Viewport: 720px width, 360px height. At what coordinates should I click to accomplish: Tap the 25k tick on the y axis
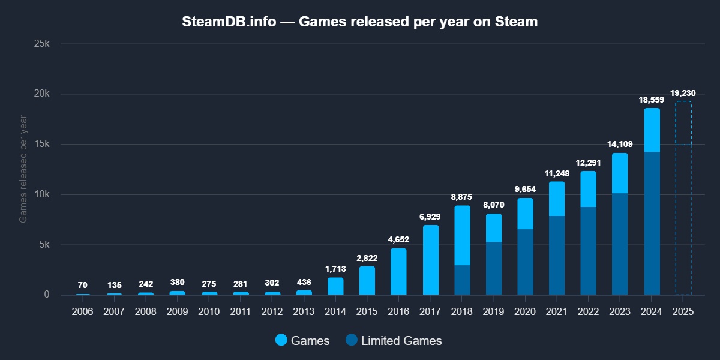45,44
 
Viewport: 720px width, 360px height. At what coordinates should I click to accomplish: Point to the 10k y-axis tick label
45,194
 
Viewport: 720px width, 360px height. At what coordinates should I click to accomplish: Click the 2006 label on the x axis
83,313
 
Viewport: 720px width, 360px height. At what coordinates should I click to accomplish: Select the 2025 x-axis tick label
683,313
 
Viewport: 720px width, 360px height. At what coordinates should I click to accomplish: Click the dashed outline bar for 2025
683,198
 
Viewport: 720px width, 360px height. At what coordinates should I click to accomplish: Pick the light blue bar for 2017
430,260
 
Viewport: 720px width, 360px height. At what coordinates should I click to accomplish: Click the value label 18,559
652,100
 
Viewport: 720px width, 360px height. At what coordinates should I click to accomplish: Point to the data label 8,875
462,197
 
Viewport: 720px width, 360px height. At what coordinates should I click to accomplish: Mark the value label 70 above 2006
83,285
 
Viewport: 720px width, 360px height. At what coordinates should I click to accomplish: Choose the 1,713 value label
335,269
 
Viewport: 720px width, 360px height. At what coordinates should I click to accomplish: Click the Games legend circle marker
281,341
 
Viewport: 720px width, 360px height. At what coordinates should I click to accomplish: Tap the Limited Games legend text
401,341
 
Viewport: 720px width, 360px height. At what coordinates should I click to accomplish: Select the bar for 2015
367,280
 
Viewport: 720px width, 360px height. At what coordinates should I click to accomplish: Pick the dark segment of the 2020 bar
525,262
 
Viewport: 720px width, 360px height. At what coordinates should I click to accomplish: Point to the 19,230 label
683,93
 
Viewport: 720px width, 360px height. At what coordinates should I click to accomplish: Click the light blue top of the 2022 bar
589,189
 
